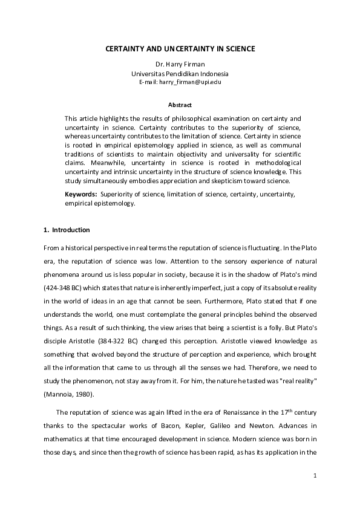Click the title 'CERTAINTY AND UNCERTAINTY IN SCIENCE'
click(x=180, y=48)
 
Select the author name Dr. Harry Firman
click(x=180, y=65)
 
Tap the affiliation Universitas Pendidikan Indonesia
click(x=180, y=73)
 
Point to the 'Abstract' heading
click(x=180, y=105)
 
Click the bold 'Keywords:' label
click(x=81, y=194)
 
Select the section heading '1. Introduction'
click(x=67, y=230)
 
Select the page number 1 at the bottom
click(x=315, y=476)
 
